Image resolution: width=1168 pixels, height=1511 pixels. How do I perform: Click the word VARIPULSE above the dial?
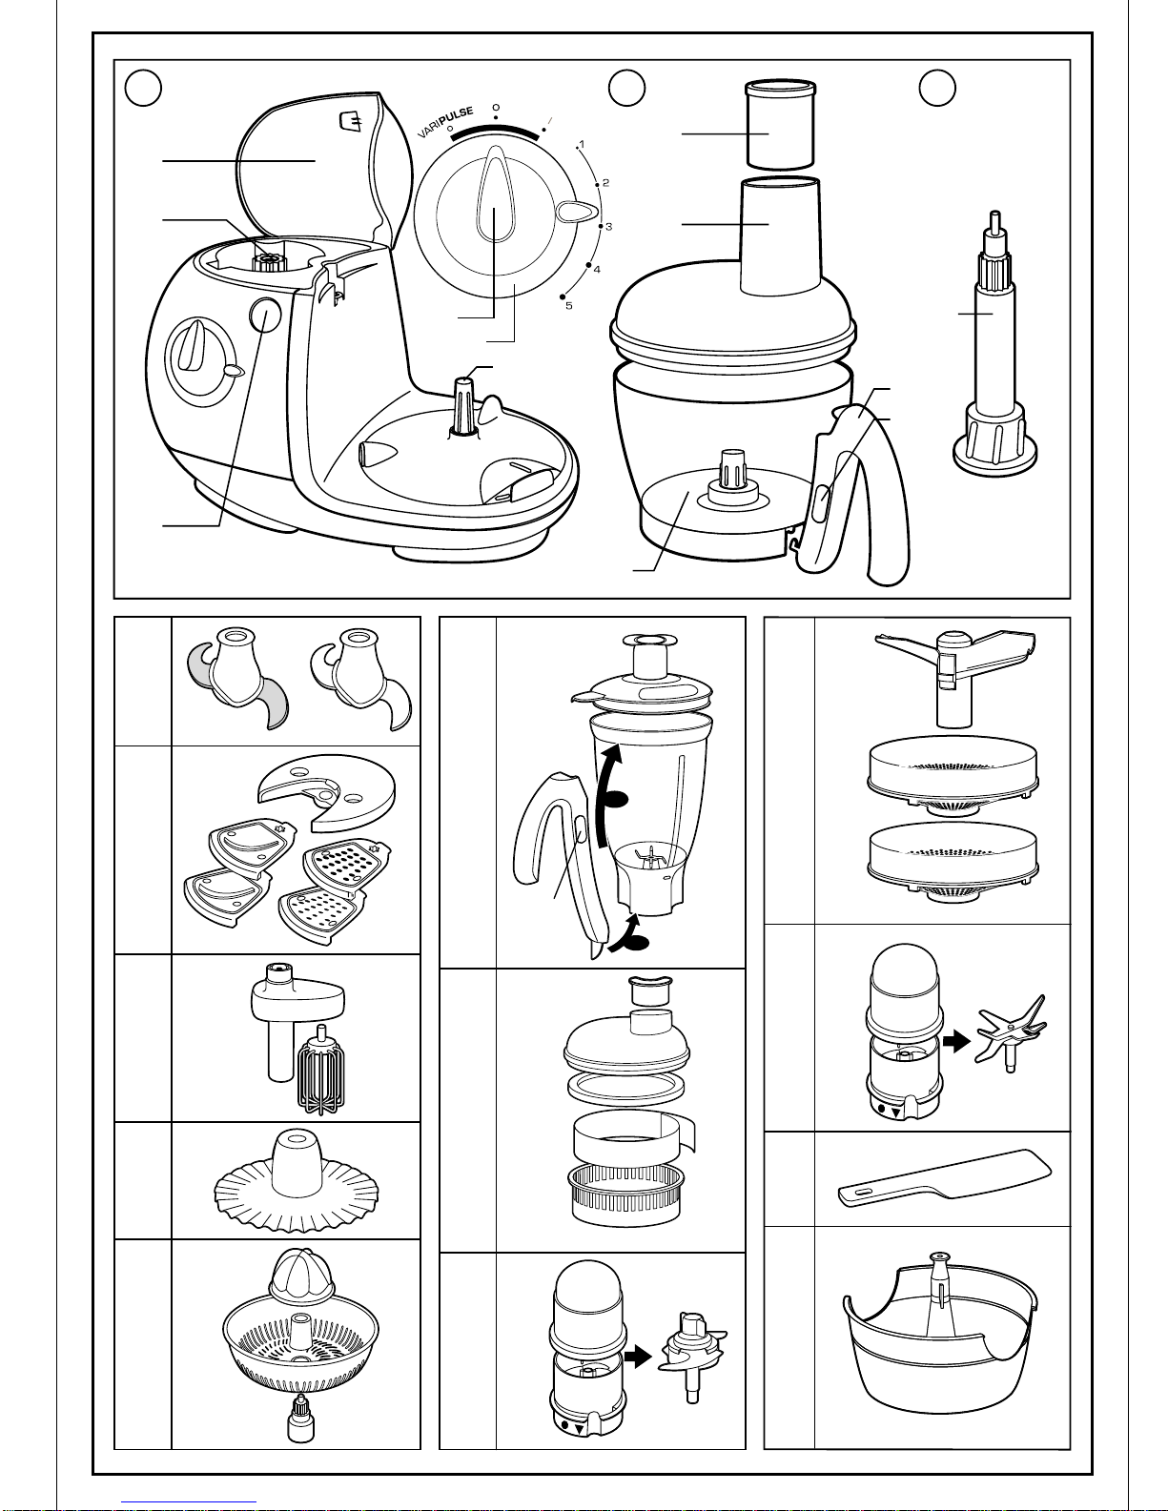(x=445, y=122)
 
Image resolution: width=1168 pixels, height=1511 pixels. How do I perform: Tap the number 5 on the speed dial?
(x=568, y=305)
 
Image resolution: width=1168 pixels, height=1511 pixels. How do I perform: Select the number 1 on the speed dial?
(x=582, y=145)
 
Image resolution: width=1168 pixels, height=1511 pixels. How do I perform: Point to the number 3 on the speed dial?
(x=608, y=227)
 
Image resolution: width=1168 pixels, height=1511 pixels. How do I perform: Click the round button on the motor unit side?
(x=265, y=315)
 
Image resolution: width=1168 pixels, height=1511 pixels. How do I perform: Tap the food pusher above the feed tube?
(x=779, y=125)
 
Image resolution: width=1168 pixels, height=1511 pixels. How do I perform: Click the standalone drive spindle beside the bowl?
(x=995, y=344)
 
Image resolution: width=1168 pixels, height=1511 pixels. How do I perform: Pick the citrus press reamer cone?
(x=302, y=1276)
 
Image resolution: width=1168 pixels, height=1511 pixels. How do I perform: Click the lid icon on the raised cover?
(x=351, y=122)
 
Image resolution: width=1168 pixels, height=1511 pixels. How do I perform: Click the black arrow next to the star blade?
(x=957, y=1041)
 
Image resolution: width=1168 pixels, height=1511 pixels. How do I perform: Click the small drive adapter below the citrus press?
(x=300, y=1418)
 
